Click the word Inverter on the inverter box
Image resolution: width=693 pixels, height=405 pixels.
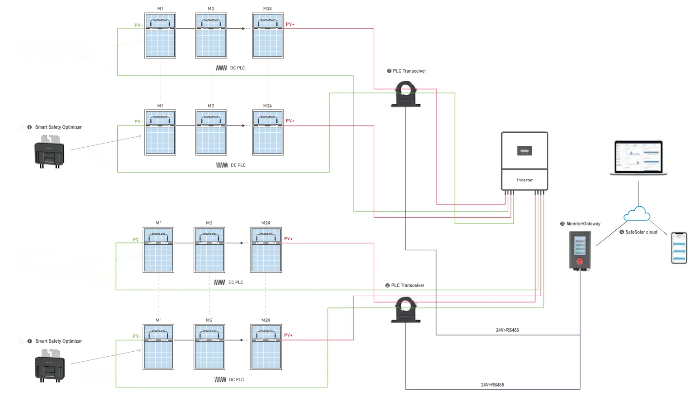[525, 180]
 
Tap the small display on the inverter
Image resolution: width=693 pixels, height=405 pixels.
[524, 151]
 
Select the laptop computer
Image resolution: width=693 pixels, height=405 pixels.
[638, 158]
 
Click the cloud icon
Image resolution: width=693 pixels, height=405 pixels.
[637, 214]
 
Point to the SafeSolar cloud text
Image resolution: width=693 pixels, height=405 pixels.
[641, 232]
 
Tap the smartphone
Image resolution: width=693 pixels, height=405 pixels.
[679, 247]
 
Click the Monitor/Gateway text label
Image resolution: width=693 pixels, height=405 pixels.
[583, 224]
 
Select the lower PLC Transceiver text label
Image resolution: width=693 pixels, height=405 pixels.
[408, 285]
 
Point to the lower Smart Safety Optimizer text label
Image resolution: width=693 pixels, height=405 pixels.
[59, 341]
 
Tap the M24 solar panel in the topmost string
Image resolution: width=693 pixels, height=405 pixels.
[268, 36]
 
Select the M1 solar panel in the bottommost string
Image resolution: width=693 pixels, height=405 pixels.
[158, 347]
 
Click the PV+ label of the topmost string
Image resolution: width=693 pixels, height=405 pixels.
[290, 24]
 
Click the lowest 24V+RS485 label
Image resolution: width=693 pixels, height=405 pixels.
[492, 385]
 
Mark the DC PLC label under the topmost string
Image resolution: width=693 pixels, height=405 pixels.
[237, 68]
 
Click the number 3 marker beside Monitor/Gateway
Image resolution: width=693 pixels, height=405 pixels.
[562, 224]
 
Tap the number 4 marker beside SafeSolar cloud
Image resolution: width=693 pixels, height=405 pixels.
[622, 232]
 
